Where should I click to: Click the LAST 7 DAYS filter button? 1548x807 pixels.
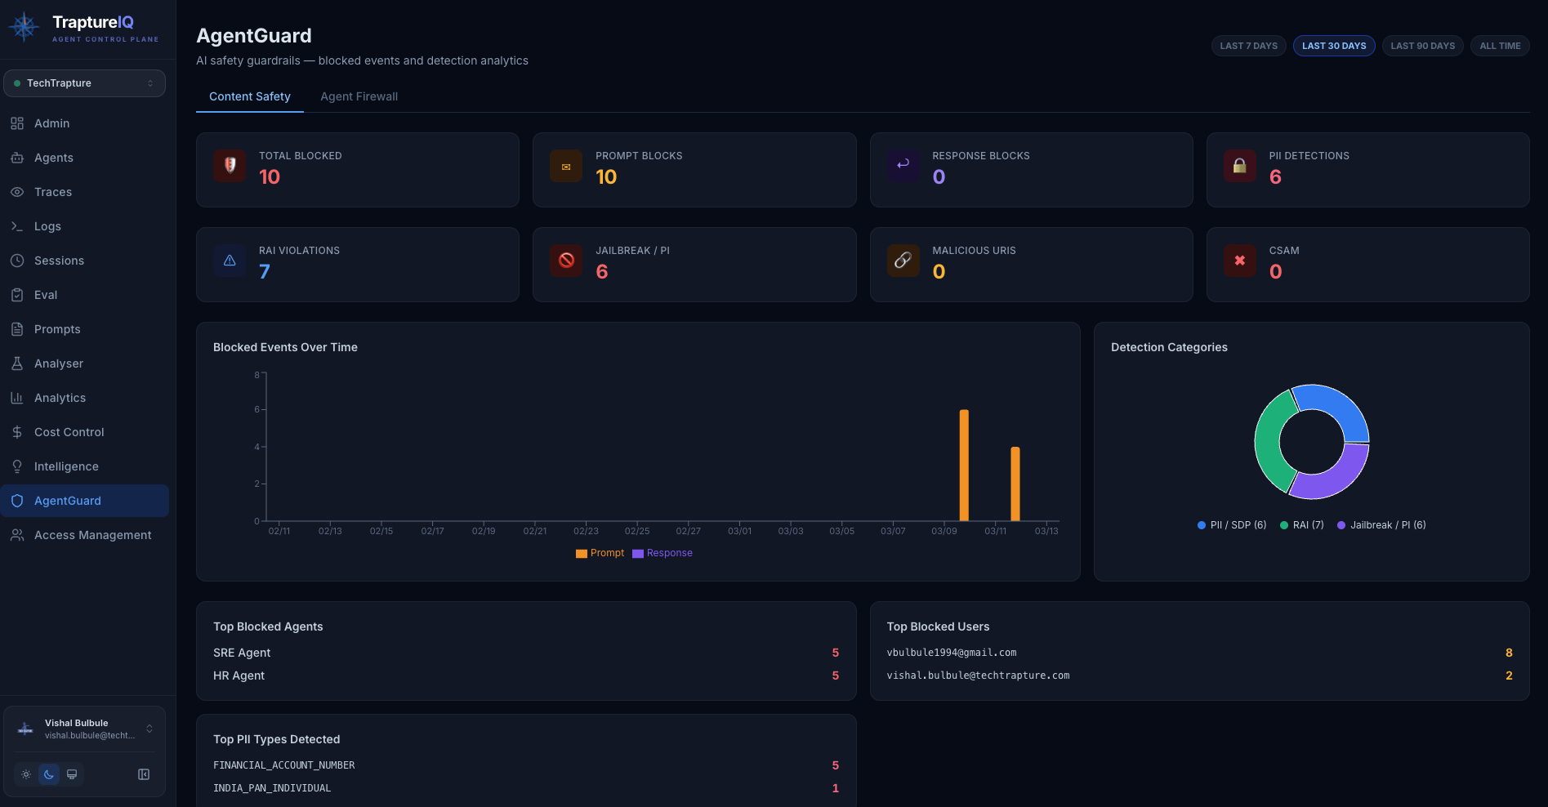[x=1248, y=46]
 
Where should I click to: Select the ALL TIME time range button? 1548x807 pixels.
[x=1500, y=46]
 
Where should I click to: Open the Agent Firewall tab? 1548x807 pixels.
[x=359, y=96]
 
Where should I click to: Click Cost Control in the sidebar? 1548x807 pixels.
[x=69, y=432]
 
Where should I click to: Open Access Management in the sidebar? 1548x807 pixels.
[x=92, y=535]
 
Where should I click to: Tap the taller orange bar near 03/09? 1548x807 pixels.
[x=964, y=466]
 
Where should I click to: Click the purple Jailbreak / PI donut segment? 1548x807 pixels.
[x=1332, y=479]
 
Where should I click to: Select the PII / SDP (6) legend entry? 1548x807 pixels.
[x=1232, y=525]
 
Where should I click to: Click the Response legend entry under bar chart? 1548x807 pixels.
[x=662, y=553]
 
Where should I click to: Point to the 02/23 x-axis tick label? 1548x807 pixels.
[x=586, y=531]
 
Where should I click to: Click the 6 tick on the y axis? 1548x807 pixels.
[x=257, y=409]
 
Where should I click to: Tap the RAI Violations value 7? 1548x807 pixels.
[x=265, y=272]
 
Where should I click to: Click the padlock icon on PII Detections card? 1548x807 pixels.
[x=1239, y=166]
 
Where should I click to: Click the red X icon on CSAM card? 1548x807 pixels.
[x=1239, y=261]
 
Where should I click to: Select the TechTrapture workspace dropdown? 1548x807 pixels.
[x=84, y=83]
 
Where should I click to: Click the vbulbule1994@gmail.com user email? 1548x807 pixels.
[x=952, y=653]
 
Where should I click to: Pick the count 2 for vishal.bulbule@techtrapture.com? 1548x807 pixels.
[x=1509, y=675]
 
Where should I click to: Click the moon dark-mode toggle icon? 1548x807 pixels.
[x=49, y=774]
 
